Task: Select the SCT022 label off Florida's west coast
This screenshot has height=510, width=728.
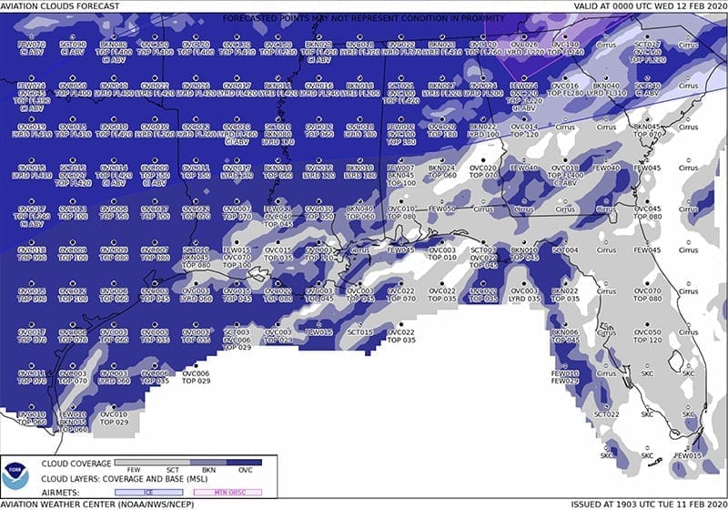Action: point(606,414)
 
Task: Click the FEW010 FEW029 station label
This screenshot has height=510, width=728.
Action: point(564,377)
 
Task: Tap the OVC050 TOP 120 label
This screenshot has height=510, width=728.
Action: point(647,336)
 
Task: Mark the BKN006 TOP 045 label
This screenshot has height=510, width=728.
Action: point(564,336)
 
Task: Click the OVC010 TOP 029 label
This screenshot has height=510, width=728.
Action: point(113,418)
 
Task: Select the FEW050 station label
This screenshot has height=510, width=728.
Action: point(441,209)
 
